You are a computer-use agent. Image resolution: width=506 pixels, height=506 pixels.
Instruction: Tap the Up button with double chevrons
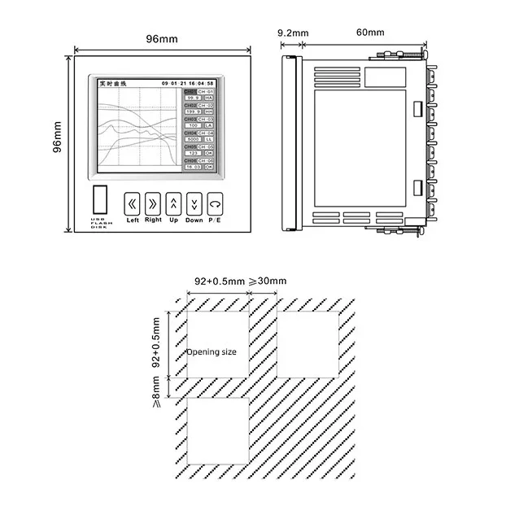[x=173, y=203]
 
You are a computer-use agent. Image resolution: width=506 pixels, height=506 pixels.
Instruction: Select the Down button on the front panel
[x=194, y=203]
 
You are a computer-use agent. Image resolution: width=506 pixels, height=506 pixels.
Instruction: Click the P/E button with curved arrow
[x=215, y=203]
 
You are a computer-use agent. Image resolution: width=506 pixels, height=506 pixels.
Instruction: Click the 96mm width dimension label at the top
[x=162, y=37]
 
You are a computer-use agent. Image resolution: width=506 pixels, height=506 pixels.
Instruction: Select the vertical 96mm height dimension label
[x=57, y=142]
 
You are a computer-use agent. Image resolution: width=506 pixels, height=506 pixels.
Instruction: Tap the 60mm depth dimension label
[x=370, y=33]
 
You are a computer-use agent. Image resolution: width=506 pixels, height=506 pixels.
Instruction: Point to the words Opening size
[x=212, y=352]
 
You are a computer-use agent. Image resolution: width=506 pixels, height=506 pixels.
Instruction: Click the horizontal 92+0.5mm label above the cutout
[x=220, y=281]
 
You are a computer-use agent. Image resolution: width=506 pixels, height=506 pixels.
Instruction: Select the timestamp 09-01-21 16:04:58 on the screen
[x=188, y=84]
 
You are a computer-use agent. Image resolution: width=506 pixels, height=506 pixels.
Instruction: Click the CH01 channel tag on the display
[x=190, y=92]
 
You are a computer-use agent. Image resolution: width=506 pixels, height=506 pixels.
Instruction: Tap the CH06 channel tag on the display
[x=190, y=161]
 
